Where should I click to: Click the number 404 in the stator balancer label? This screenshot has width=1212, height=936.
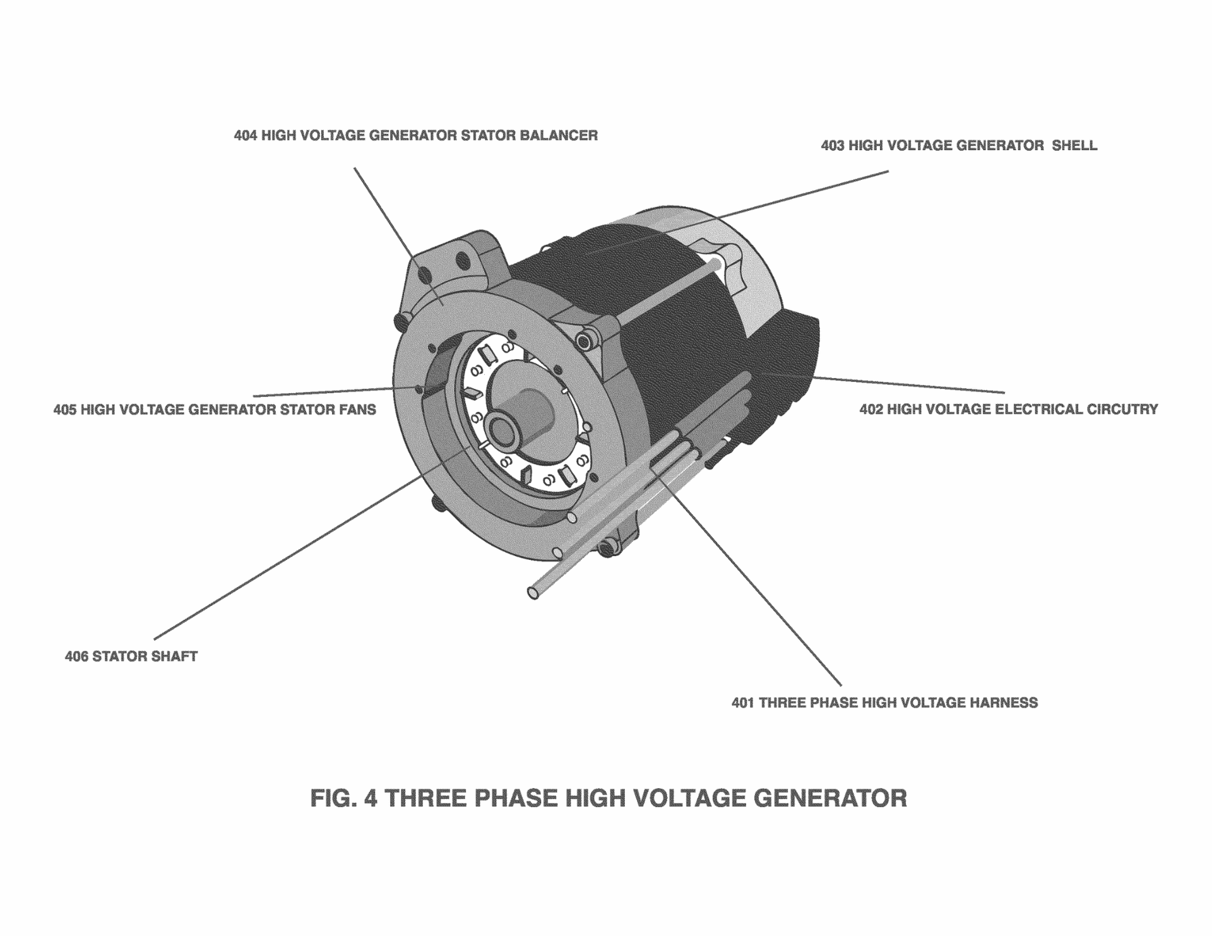coord(245,136)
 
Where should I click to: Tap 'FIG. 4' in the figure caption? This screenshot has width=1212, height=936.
coord(343,798)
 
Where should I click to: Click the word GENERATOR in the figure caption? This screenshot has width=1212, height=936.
coord(830,798)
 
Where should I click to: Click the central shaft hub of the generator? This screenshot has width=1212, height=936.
coord(503,430)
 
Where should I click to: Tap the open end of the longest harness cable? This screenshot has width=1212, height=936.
coord(533,593)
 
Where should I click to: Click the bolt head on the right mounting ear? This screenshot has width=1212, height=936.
coord(585,341)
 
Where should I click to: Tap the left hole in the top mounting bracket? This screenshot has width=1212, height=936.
coord(425,276)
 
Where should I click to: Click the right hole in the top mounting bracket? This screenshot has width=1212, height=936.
coord(462,260)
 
